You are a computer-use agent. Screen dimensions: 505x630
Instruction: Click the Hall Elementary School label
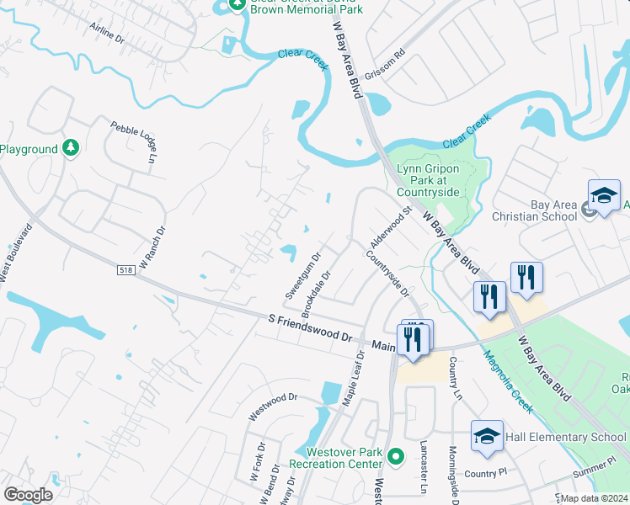(566, 437)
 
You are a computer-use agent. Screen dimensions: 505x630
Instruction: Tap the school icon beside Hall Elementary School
(487, 436)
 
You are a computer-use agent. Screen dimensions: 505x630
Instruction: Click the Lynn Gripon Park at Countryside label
(428, 180)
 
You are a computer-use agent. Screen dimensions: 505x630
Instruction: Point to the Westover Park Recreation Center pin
(396, 459)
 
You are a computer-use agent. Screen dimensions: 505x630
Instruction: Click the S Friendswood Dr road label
(309, 327)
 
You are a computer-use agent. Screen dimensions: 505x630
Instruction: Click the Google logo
(28, 495)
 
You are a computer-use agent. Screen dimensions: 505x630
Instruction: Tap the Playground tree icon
(72, 149)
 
